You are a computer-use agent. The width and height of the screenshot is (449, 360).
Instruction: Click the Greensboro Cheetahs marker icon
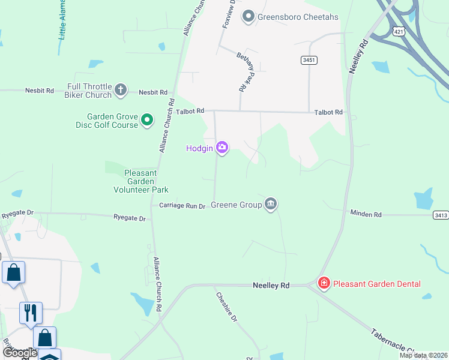point(249,16)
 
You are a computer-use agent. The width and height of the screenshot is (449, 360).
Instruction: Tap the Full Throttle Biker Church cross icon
point(120,91)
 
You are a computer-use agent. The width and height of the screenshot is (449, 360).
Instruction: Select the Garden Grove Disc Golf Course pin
point(147,121)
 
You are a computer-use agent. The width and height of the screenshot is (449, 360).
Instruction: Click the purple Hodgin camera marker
point(222,148)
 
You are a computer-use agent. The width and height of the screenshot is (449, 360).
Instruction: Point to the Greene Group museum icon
point(271,205)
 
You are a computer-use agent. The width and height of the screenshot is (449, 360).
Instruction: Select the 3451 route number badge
point(309,61)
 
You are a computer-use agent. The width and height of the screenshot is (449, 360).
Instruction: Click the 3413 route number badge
point(441,214)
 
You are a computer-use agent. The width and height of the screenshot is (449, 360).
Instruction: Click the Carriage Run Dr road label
point(182,206)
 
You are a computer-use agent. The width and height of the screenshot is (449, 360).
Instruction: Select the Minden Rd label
point(366,214)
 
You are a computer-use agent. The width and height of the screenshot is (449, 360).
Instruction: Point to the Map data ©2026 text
point(423,355)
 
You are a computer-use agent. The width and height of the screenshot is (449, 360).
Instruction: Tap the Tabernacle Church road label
point(396,341)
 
